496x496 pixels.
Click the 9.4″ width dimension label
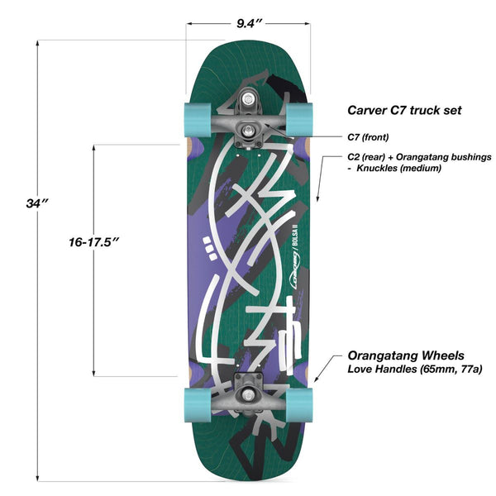click(x=250, y=23)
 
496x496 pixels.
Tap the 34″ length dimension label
click(x=37, y=203)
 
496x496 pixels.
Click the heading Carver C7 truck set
click(x=404, y=111)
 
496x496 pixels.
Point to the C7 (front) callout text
click(x=368, y=137)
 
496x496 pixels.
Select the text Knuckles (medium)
click(x=399, y=168)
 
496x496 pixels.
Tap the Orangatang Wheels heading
click(x=406, y=355)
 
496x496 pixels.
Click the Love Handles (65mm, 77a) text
click(x=415, y=369)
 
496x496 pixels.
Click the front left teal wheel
click(x=198, y=120)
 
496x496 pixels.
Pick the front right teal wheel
click(x=299, y=120)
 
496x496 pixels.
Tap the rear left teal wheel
click(x=198, y=405)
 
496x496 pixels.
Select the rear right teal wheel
click(x=299, y=405)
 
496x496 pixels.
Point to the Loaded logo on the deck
click(x=295, y=270)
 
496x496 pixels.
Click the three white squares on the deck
click(x=209, y=248)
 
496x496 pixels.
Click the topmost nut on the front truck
click(x=248, y=99)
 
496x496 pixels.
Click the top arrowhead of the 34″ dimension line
click(x=37, y=43)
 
